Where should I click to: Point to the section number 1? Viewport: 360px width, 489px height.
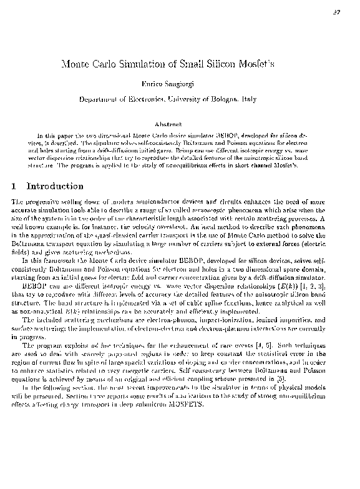point(14,186)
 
